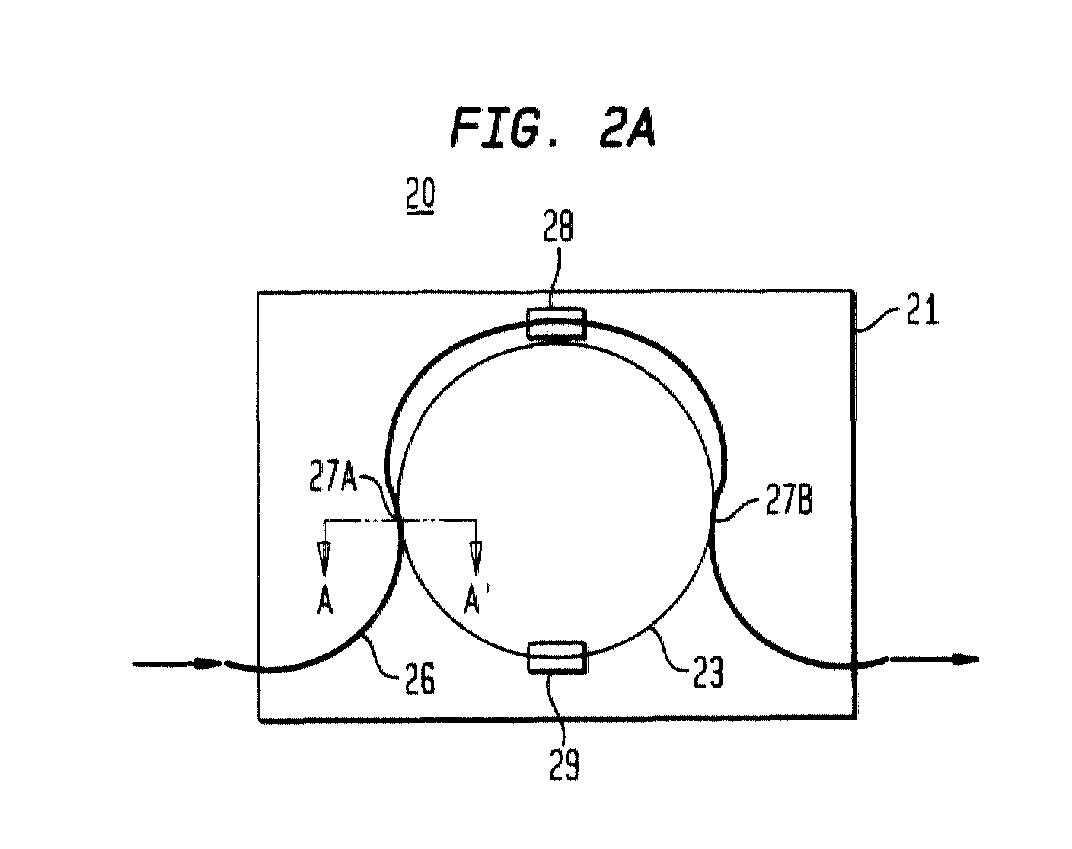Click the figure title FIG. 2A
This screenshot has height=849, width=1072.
[x=552, y=126]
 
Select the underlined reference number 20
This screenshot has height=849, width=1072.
[x=421, y=195]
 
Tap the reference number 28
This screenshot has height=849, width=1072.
[x=558, y=227]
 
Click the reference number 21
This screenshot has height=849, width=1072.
[x=921, y=309]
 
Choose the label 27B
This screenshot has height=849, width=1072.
[x=789, y=501]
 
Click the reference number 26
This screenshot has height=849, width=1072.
[x=420, y=678]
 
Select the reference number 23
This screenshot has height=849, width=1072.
[x=708, y=672]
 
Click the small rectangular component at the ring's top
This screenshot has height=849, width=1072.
[x=557, y=324]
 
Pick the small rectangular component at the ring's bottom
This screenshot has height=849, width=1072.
[x=557, y=658]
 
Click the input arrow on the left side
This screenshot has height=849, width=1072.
[x=177, y=663]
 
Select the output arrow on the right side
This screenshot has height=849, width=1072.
[x=933, y=659]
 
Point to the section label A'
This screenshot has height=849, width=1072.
[x=472, y=602]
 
